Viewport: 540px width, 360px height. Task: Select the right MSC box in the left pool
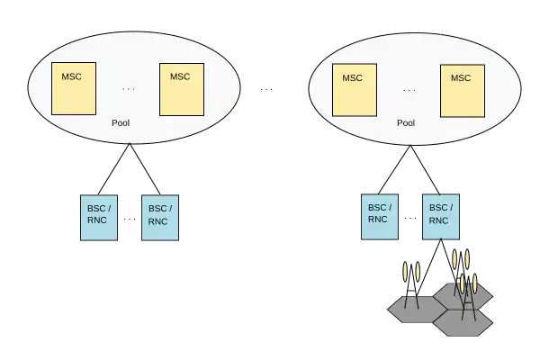[182, 88]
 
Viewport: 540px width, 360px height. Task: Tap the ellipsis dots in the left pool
[128, 89]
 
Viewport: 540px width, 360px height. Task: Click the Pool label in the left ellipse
[120, 122]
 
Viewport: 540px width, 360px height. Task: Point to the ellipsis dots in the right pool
[409, 90]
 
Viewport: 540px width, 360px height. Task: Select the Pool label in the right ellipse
[406, 122]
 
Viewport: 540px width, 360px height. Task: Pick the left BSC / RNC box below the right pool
[379, 216]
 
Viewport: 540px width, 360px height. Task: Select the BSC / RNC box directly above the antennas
[439, 216]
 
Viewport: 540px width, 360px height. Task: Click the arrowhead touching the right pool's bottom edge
[409, 147]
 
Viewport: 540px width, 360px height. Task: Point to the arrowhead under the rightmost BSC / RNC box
[439, 242]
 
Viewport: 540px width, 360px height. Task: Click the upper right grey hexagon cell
[462, 294]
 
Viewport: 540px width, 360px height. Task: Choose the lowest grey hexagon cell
[463, 322]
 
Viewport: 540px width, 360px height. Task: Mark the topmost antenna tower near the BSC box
[461, 261]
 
